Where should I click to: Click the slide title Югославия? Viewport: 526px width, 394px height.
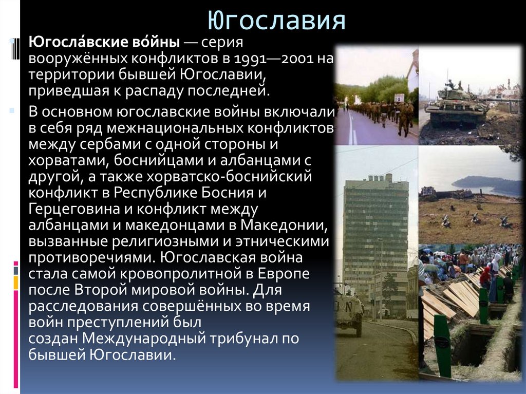click(277, 22)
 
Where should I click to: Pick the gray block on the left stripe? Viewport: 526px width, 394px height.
click(16, 270)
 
